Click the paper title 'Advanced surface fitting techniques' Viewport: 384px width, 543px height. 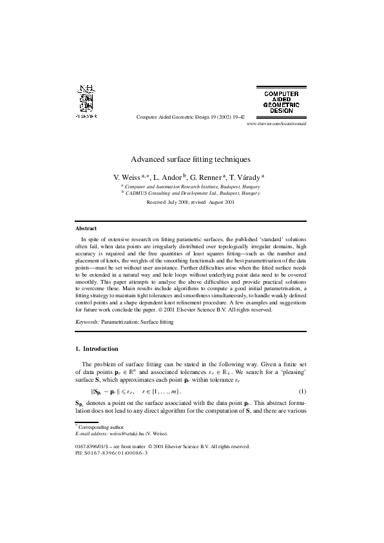pyautogui.click(x=191, y=159)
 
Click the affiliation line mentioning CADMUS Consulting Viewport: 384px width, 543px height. pyautogui.click(x=192, y=192)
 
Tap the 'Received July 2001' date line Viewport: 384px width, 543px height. pyautogui.click(x=191, y=202)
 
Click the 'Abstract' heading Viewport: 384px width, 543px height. pyautogui.click(x=86, y=228)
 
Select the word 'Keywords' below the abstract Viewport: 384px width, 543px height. pyautogui.click(x=88, y=321)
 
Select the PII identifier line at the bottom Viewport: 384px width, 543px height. pyautogui.click(x=111, y=453)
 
